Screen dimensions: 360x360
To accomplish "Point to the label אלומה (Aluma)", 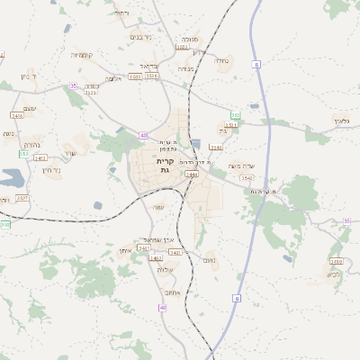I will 112,78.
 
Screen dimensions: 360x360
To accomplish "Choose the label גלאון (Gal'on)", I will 339,120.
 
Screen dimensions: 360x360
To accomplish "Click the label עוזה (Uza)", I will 157,207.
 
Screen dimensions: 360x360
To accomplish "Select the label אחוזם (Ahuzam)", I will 172,292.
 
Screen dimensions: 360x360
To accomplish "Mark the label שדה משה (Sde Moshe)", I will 241,166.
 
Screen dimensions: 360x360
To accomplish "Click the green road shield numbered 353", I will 235,115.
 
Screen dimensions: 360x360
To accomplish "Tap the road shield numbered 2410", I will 336,261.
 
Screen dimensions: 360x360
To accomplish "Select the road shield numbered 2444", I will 191,175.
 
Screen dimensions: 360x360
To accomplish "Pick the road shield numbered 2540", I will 246,177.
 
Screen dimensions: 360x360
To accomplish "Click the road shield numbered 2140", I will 215,146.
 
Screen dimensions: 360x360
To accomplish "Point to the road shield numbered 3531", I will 230,125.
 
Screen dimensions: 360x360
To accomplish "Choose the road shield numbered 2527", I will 22,197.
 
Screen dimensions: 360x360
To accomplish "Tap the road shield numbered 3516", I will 152,76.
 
